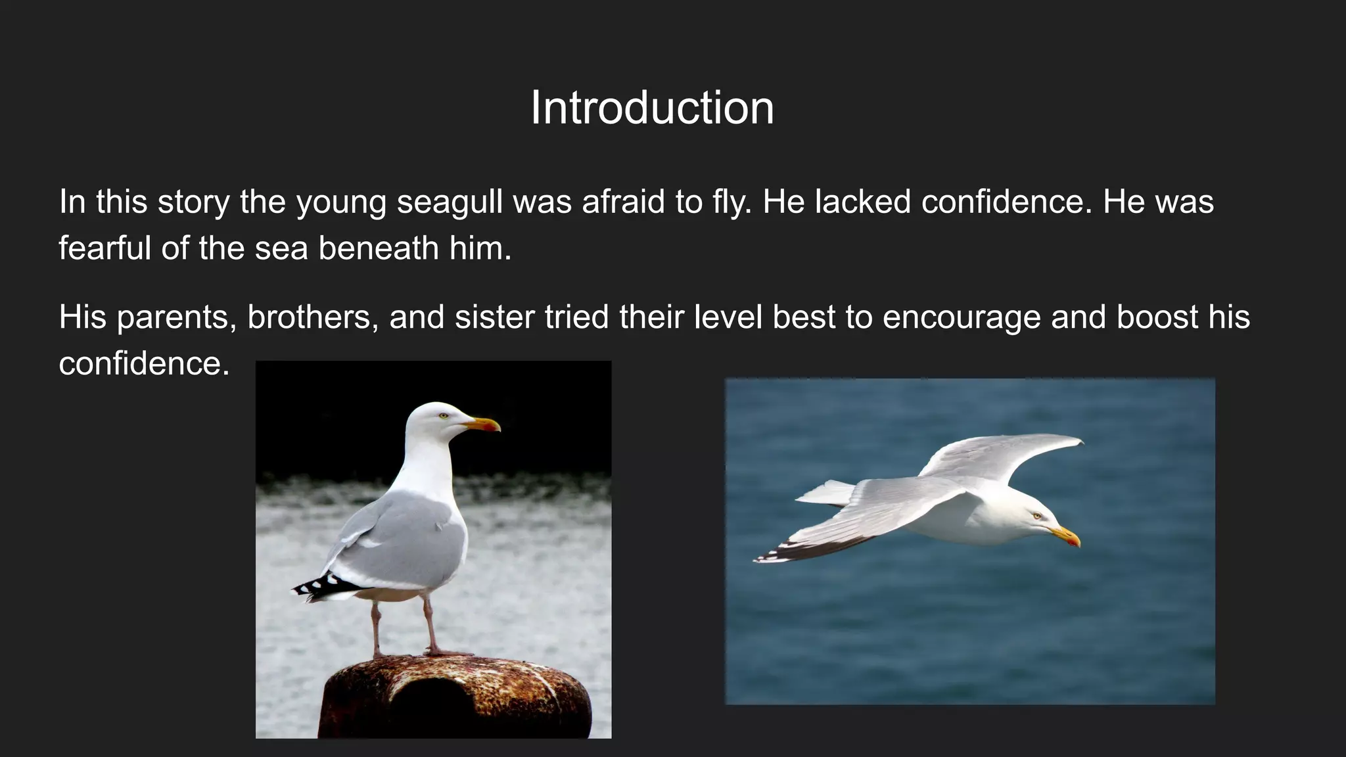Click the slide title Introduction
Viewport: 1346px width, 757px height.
[x=652, y=108]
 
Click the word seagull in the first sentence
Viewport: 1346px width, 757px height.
[x=450, y=202]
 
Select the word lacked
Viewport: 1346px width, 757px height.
[x=863, y=202]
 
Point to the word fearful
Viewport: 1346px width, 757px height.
[x=105, y=248]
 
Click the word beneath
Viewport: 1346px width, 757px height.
[x=379, y=248]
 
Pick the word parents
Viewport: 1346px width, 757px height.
[x=176, y=317]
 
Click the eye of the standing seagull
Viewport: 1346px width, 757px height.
[x=444, y=415]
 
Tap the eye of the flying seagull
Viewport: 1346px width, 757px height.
[x=1037, y=516]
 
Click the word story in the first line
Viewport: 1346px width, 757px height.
[x=193, y=202]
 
